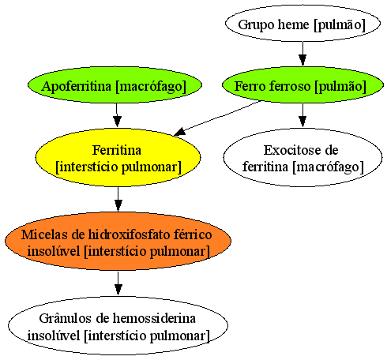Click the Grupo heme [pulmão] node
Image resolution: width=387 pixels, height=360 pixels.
coord(302,24)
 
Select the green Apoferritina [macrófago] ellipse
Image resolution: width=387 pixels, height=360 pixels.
coord(115,85)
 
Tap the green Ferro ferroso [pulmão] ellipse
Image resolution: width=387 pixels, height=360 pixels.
coord(302,85)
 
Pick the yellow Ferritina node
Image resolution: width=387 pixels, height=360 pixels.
coord(118,157)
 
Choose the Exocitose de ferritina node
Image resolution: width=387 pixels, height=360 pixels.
coord(302,157)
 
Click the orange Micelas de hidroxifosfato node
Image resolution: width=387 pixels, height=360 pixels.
coord(118,241)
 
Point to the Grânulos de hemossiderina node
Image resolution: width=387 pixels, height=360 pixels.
coord(118,325)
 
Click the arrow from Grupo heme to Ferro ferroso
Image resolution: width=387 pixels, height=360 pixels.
coord(302,54)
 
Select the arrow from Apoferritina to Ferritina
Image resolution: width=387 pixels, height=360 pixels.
coord(117,115)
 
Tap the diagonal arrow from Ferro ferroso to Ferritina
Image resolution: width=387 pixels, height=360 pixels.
coord(218,118)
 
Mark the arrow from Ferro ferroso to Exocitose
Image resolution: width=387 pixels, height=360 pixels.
coord(302,115)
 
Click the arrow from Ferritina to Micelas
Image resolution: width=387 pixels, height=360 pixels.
coord(118,199)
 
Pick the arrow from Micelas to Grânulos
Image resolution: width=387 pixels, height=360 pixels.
coord(118,283)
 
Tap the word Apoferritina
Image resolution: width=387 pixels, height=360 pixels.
coord(76,86)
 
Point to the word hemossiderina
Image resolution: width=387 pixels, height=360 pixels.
coord(155,318)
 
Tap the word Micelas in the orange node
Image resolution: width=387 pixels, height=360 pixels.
coord(44,234)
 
